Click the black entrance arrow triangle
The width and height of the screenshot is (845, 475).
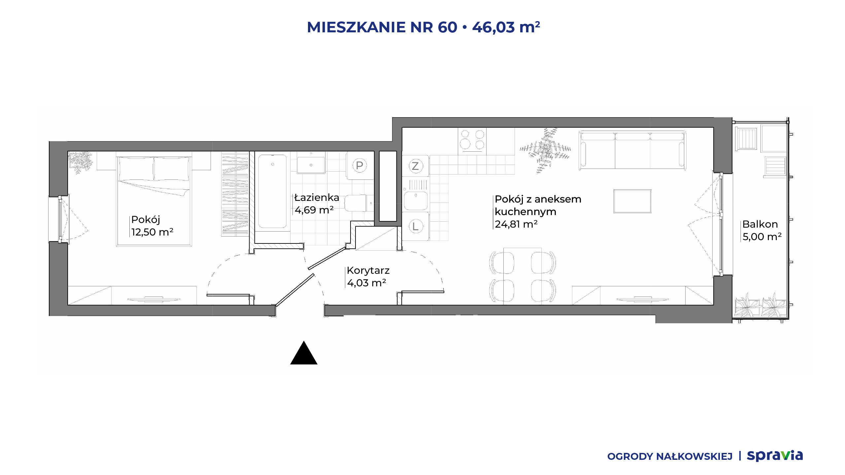304,353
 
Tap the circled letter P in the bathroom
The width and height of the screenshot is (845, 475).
359,165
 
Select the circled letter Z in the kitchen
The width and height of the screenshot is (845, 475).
415,166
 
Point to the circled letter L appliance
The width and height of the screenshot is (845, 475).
416,226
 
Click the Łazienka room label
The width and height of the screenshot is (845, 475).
317,198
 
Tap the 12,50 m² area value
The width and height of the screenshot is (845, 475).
152,232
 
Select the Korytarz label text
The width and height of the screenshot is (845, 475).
368,270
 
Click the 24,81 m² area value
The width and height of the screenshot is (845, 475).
516,224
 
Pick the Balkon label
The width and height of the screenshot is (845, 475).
760,224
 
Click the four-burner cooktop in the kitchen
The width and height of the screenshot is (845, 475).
472,140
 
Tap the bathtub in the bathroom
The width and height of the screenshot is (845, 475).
272,191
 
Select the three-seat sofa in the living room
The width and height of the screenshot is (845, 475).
632,150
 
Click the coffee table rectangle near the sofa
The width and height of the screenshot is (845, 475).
632,201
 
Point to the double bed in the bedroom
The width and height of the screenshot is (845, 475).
154,201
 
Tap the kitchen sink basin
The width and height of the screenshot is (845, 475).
416,201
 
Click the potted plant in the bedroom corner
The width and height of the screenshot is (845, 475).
80,162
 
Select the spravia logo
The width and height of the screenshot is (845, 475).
775,456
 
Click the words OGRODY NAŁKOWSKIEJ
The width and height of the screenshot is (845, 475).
670,457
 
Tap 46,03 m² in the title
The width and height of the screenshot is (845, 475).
506,27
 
